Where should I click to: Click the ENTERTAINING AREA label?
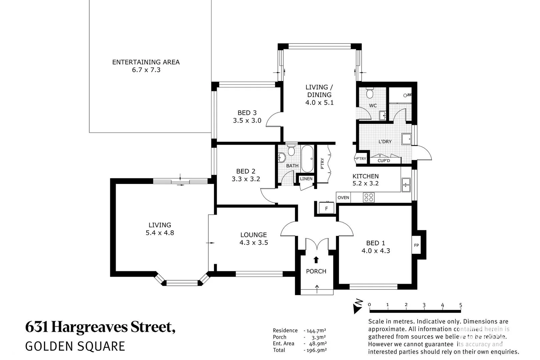click(x=146, y=62)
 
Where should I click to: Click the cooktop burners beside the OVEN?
click(x=369, y=197)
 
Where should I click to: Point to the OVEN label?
click(x=343, y=198)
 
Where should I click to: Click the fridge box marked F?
click(x=326, y=209)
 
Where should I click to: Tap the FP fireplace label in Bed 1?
click(x=416, y=245)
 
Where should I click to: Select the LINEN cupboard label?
click(x=306, y=179)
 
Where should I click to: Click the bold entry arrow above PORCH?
click(x=316, y=260)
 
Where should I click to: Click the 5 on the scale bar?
click(x=460, y=305)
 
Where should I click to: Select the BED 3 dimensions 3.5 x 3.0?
click(x=247, y=121)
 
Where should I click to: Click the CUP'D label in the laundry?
click(x=384, y=161)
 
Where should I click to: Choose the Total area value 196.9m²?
click(x=315, y=350)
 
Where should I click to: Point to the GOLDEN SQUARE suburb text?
click(x=75, y=346)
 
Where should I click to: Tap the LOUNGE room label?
click(x=253, y=235)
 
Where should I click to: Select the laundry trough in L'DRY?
click(x=406, y=139)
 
